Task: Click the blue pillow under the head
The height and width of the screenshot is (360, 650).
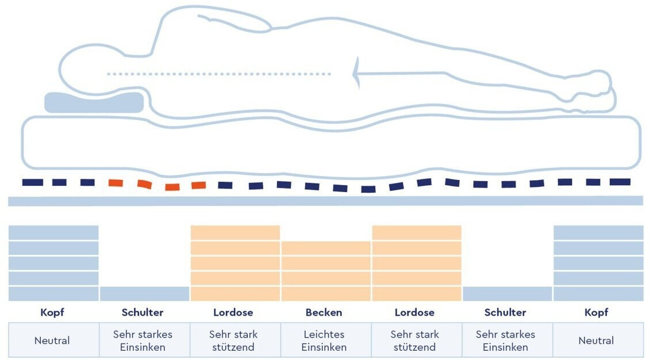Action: coord(94,102)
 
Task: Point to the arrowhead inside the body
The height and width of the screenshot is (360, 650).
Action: coord(357,73)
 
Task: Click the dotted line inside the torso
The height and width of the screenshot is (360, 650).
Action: coord(218,74)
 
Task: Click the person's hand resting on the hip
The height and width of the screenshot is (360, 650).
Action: coord(253,23)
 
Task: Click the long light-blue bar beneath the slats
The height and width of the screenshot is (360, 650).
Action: coord(325,201)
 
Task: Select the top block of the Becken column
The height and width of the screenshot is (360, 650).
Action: coord(325,248)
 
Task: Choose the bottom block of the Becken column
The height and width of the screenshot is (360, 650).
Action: coord(325,294)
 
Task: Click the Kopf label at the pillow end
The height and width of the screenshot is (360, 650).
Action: coord(52,313)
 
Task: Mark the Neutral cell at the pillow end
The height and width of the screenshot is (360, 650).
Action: coord(52,340)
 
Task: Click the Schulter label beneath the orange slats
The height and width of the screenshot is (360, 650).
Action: coord(143,313)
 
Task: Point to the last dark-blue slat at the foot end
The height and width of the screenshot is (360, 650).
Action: coord(620,182)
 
